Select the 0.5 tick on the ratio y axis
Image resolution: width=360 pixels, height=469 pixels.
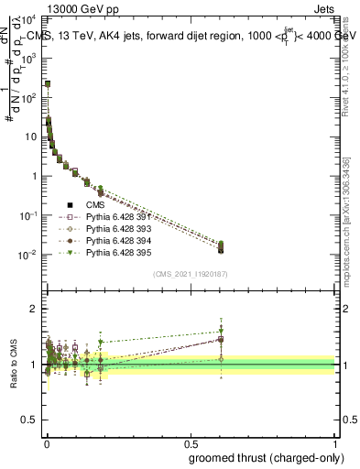[31, 421]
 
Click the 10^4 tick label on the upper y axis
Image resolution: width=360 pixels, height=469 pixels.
[29, 18]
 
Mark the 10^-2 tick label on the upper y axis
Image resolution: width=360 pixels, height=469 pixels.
[29, 254]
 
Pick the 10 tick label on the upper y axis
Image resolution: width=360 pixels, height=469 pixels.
[31, 136]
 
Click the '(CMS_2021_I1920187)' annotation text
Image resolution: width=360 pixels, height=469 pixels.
[191, 274]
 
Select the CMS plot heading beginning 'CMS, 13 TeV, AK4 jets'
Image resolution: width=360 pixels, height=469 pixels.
[192, 36]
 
